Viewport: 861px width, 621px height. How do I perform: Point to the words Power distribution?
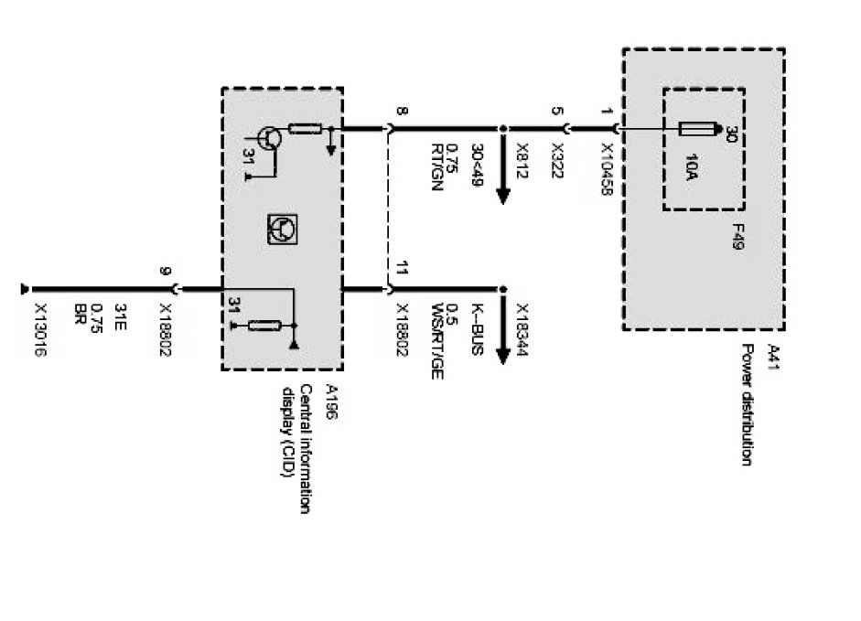point(748,404)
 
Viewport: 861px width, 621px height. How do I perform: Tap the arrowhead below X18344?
point(502,356)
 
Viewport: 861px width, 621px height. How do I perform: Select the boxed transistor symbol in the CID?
point(281,228)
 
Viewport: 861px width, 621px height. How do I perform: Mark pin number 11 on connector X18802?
point(402,271)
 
